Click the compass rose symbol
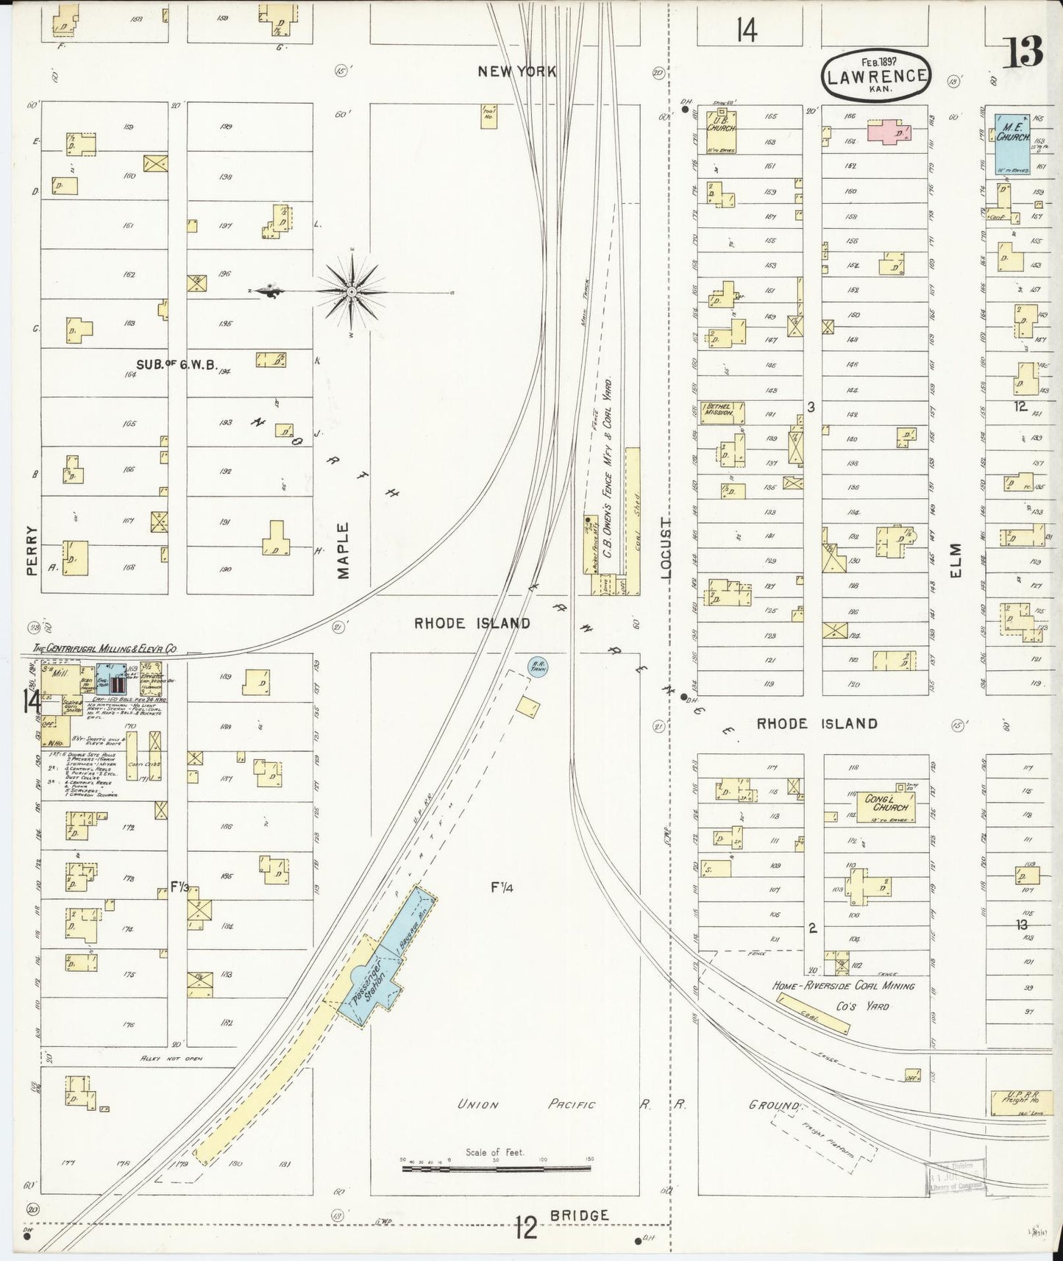click(352, 292)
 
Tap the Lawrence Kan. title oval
click(875, 75)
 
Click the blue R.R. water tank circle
click(538, 667)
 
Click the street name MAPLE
click(343, 550)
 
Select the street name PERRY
click(31, 549)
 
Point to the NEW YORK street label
click(516, 71)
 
